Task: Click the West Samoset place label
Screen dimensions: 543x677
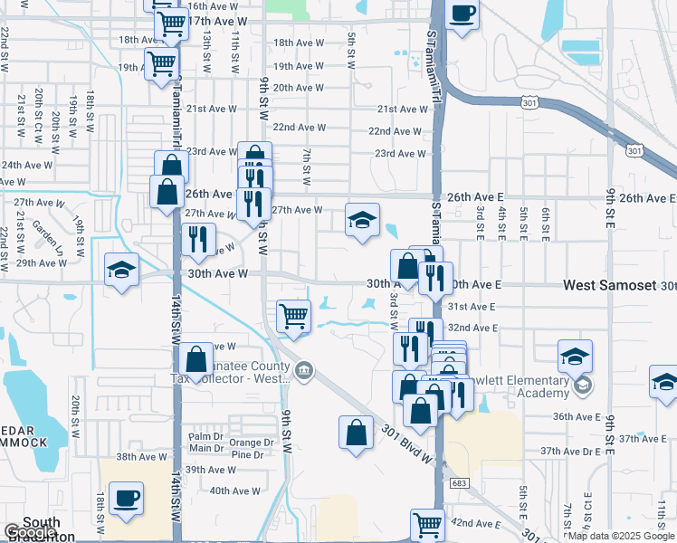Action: point(609,285)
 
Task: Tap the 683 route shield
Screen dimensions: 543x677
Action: point(460,484)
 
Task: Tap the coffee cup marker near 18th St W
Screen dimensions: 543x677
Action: point(125,497)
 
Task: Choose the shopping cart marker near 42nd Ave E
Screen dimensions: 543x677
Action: point(427,523)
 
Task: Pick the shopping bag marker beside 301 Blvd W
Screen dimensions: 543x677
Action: point(357,430)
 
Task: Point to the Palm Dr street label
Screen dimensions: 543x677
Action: point(205,436)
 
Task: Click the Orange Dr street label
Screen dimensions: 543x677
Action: point(253,443)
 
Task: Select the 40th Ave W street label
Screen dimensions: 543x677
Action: point(234,491)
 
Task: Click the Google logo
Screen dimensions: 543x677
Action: point(31,532)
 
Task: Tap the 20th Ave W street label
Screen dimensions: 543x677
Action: point(298,88)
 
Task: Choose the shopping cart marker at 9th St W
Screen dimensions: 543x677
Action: point(293,316)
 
